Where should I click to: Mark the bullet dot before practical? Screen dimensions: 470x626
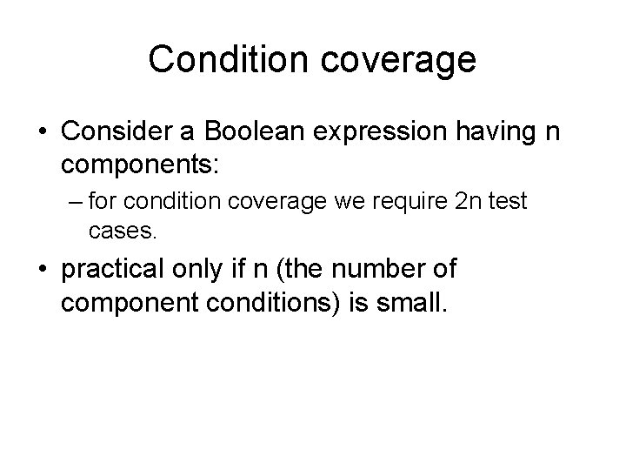click(44, 270)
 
